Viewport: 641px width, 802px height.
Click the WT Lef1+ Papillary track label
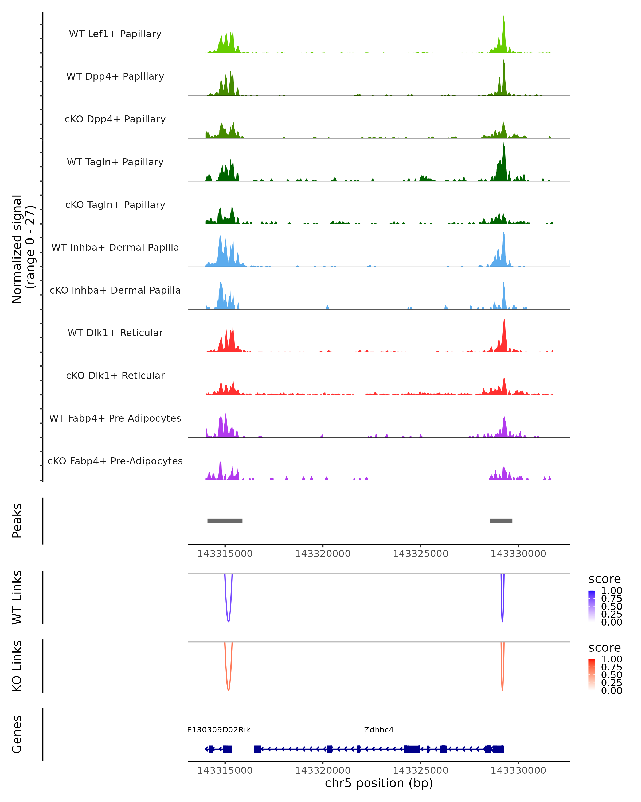(115, 34)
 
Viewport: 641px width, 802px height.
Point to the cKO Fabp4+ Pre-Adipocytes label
(115, 461)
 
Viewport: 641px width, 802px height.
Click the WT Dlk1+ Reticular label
(115, 333)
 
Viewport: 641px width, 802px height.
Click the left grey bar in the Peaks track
(225, 521)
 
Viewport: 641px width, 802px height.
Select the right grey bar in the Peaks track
(501, 521)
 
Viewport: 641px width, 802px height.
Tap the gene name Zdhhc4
(379, 730)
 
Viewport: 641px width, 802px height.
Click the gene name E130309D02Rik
(218, 730)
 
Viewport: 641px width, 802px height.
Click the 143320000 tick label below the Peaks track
(323, 554)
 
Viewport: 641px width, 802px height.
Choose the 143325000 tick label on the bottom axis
(420, 770)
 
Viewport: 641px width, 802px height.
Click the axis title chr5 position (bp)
(379, 783)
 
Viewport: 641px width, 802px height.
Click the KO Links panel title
(17, 666)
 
